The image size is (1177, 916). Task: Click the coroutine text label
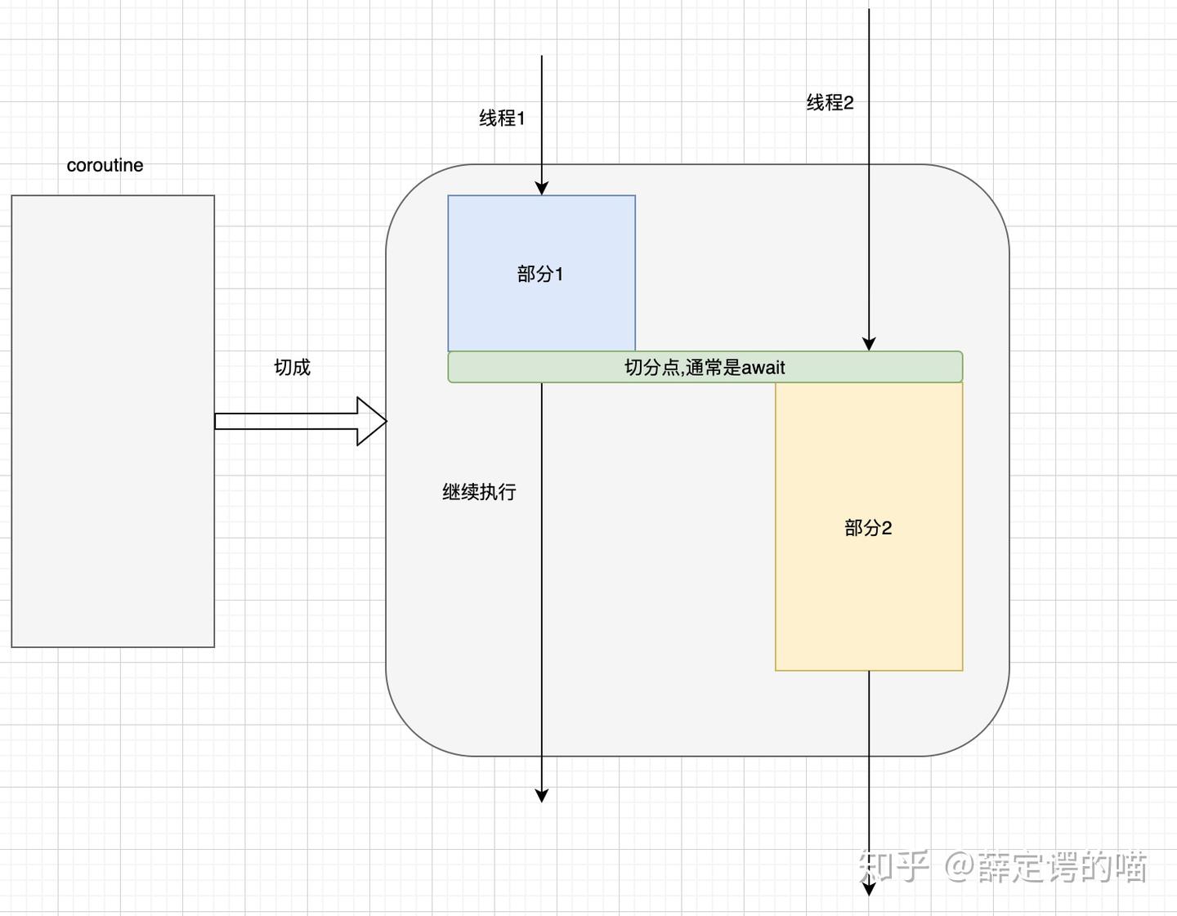[105, 165]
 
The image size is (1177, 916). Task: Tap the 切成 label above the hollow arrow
[292, 367]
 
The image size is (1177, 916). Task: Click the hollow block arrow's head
[372, 422]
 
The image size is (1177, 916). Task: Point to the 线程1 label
[502, 118]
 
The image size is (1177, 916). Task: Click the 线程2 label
[830, 103]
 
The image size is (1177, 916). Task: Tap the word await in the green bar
[763, 368]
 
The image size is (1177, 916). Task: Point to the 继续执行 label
[479, 492]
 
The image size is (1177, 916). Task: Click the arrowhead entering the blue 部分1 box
[541, 189]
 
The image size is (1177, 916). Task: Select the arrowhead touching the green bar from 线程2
[869, 344]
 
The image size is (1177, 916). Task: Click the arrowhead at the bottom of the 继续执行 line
[541, 795]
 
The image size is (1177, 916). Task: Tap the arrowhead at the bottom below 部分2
[869, 888]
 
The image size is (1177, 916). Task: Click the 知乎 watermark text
[893, 867]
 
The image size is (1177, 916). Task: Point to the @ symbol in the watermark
[960, 867]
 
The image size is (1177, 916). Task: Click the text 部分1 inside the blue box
[540, 275]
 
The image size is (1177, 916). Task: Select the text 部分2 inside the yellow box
[868, 529]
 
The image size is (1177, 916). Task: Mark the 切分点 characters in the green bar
[652, 368]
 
